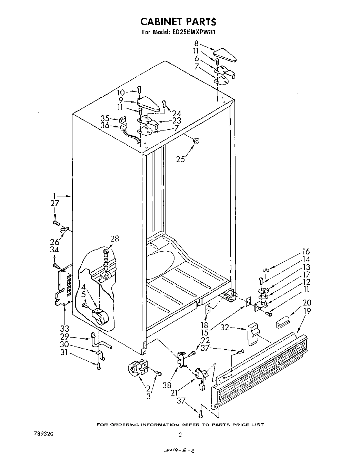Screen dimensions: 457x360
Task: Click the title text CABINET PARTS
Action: point(178,22)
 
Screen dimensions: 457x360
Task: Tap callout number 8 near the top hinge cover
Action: point(196,43)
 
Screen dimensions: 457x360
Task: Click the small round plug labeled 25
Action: point(196,140)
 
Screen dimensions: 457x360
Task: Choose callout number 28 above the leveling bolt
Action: point(114,239)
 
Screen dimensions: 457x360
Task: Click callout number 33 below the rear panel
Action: point(65,328)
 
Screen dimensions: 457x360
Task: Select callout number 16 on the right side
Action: point(306,252)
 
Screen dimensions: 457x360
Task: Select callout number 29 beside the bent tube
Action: point(64,337)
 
